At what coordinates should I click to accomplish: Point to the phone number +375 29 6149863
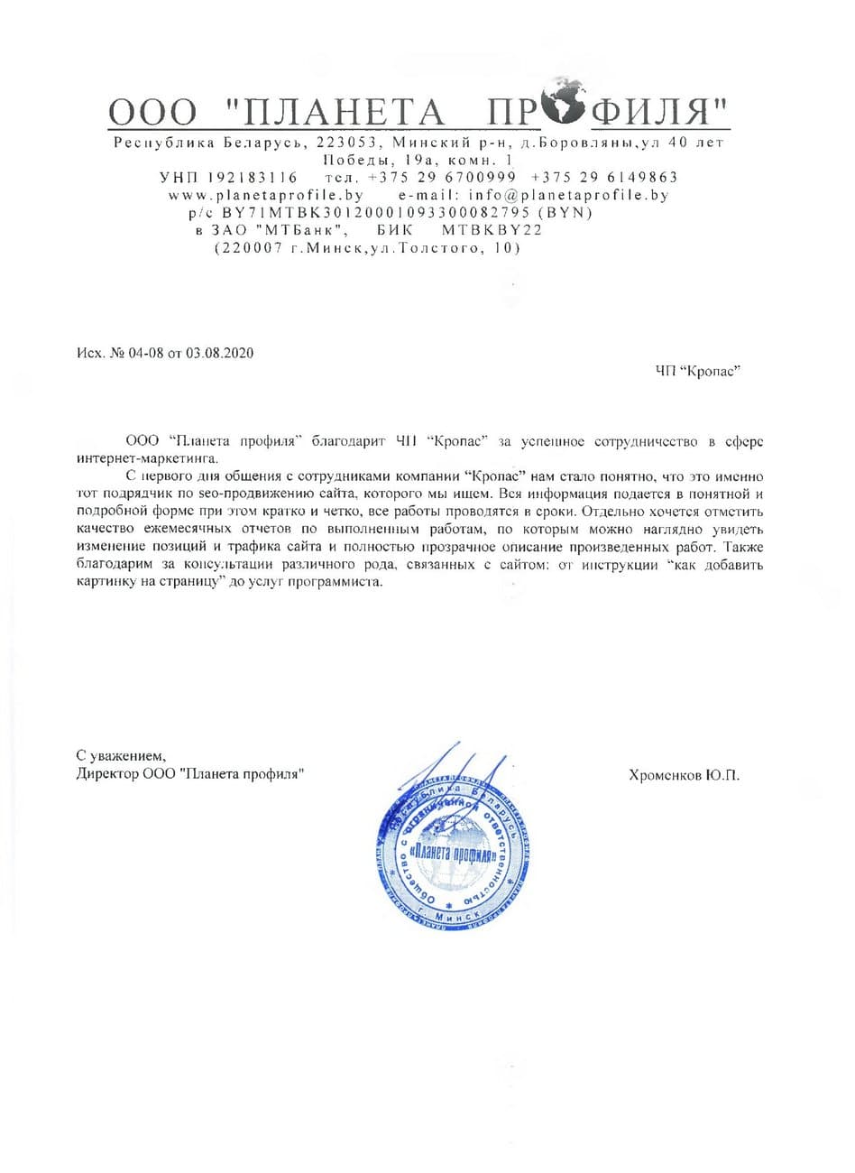point(605,177)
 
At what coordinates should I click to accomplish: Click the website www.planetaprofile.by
point(266,194)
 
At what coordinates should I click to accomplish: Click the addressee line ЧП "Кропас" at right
point(698,371)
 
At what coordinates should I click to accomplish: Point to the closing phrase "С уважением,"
point(121,755)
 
